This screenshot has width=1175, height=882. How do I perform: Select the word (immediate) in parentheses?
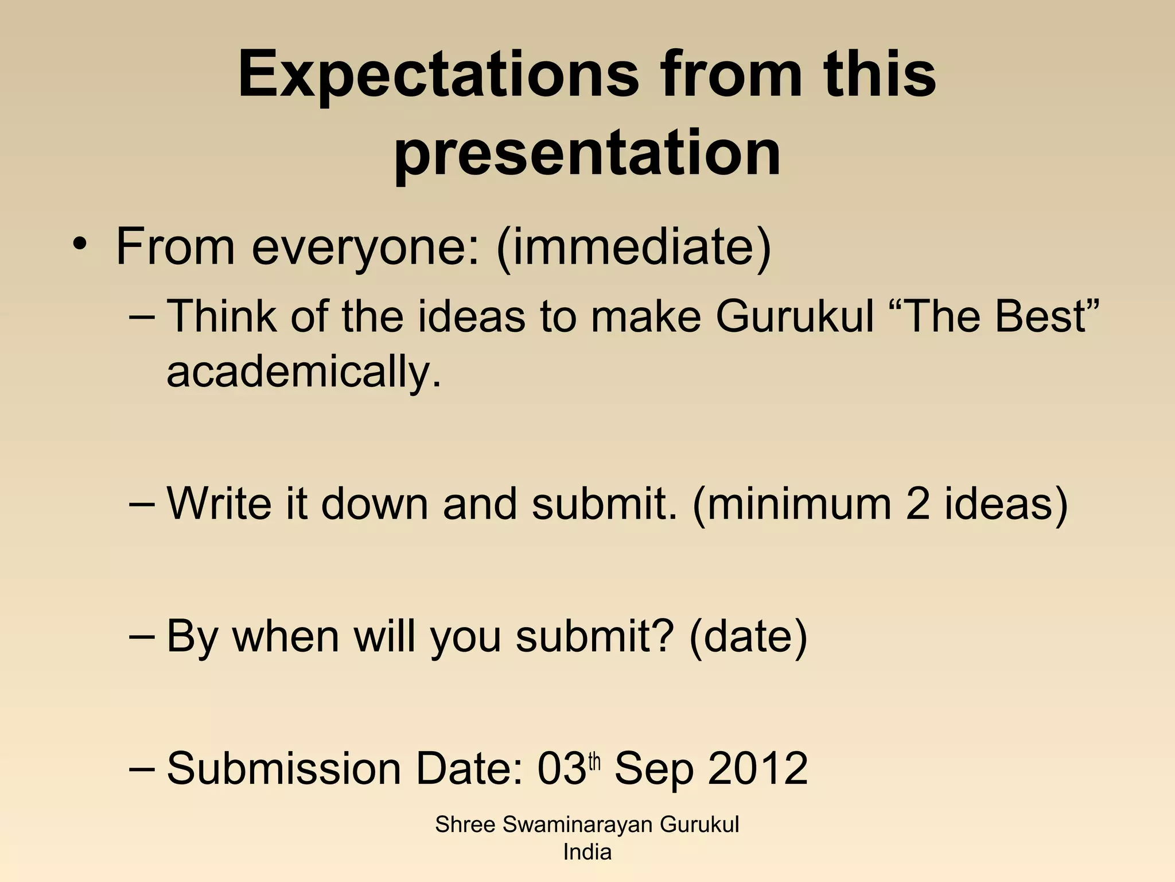click(633, 247)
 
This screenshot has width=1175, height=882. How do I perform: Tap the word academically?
click(304, 372)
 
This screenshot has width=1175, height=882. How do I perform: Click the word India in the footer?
click(587, 852)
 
